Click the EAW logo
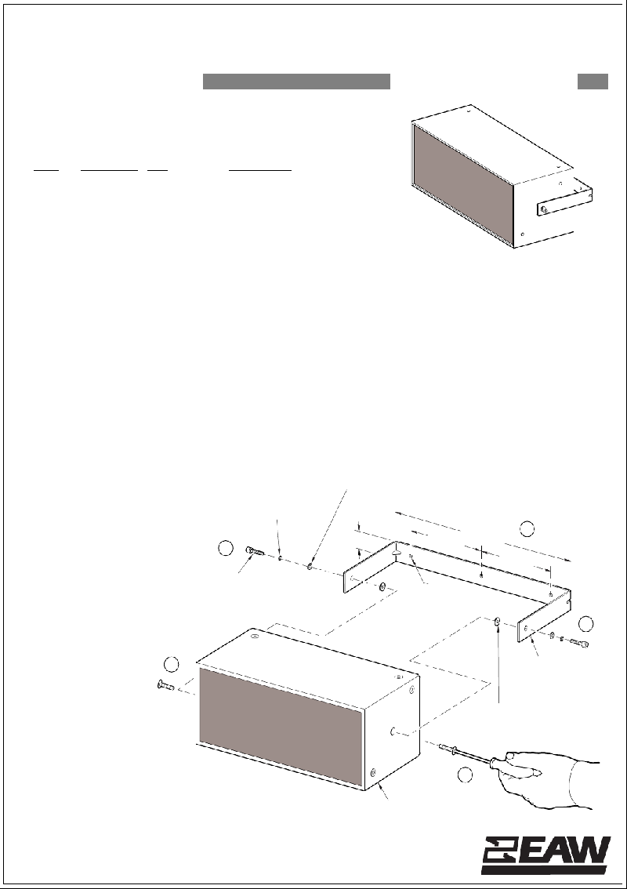[546, 855]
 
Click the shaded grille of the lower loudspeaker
[281, 726]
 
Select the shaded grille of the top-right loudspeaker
[463, 185]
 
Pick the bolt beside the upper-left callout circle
[255, 550]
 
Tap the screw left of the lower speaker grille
[165, 685]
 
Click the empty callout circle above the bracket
[527, 528]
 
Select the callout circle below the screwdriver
[465, 775]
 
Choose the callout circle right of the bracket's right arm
[586, 624]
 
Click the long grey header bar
[296, 81]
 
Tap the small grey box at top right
[593, 81]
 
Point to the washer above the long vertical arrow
[497, 622]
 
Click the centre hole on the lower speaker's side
[393, 731]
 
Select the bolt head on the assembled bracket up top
[544, 210]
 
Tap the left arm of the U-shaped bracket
[370, 568]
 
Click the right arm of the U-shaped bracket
[544, 617]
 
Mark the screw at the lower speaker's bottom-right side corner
[373, 772]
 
